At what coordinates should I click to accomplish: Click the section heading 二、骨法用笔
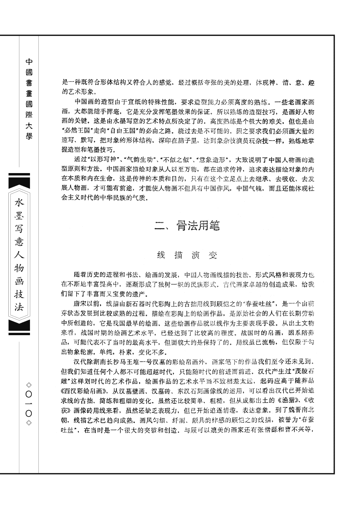pyautogui.click(x=187, y=226)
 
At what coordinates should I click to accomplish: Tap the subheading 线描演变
pyautogui.click(x=187, y=256)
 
